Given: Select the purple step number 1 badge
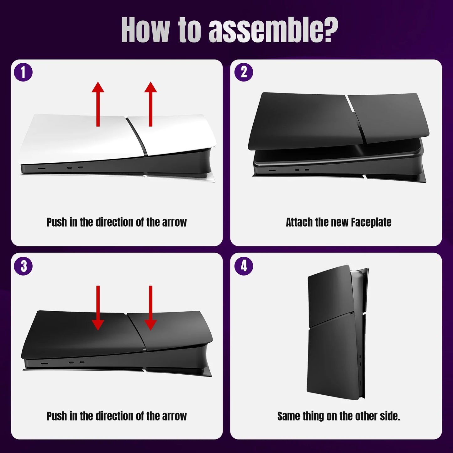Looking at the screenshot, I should [23, 72].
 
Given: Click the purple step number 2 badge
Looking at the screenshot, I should [244, 72].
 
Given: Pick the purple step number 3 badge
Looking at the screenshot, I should [23, 266].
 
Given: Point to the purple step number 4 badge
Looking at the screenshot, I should [244, 266].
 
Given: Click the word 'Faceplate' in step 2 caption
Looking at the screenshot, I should [371, 222].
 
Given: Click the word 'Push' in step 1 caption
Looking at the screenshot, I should [57, 222].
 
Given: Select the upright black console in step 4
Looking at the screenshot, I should [335, 332].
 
